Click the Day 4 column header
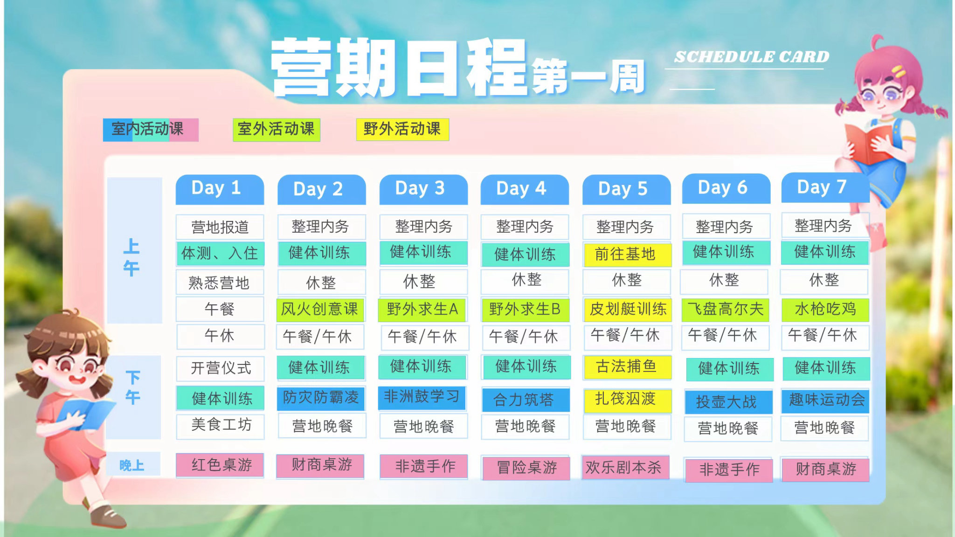(525, 189)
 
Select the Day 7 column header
(825, 188)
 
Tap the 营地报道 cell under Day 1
(220, 227)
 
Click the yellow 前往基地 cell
(627, 255)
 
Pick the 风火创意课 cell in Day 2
(321, 310)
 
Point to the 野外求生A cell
(422, 310)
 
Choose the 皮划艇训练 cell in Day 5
(628, 310)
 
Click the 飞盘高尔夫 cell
(726, 310)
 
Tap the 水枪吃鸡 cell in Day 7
(825, 310)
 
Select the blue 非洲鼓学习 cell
(422, 398)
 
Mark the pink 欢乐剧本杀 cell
(625, 468)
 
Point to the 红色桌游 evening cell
(220, 465)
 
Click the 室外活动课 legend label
(277, 130)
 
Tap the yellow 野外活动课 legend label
(402, 130)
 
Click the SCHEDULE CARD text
(752, 57)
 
